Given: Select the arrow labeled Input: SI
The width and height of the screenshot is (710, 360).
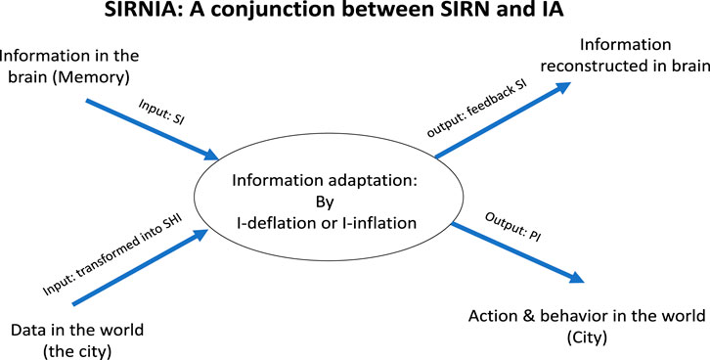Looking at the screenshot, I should click(151, 126).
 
